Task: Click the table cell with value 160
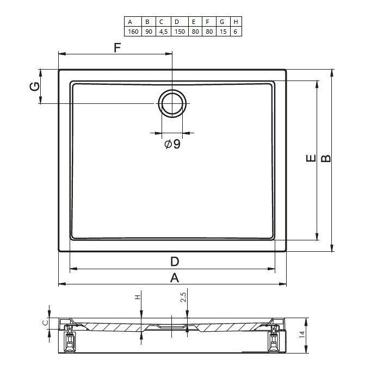133,32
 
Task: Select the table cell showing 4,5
163,32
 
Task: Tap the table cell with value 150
180,32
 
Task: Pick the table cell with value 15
223,32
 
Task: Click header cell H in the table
236,22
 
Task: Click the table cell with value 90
149,32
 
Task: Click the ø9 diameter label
172,144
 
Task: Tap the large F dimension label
118,48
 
